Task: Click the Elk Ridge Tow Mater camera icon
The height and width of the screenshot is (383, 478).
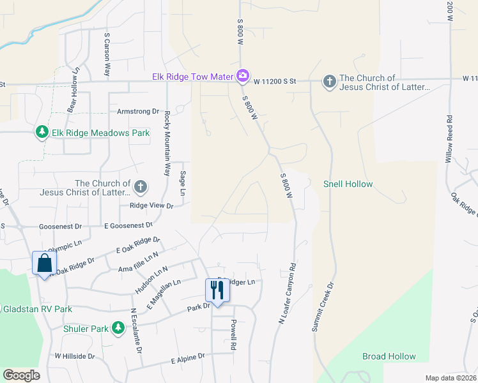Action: pos(242,77)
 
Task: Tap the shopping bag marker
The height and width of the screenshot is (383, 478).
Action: pos(44,262)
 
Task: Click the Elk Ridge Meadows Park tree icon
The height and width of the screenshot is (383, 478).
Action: pos(42,133)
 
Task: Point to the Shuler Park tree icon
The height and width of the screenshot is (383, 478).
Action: pos(118,328)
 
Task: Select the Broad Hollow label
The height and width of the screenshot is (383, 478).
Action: pos(389,356)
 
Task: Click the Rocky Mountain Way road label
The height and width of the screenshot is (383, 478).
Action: pos(167,144)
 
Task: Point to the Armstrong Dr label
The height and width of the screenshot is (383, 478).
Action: pos(137,111)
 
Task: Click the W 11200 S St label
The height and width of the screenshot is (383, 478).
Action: pos(275,81)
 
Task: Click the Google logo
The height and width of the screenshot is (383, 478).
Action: pos(22,375)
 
